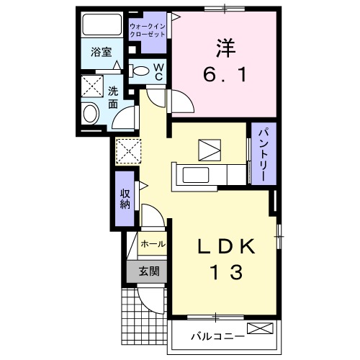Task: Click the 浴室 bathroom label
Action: coord(101,53)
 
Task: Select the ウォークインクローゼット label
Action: coord(147,30)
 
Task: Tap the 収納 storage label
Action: coord(125,199)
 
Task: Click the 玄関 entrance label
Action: coord(148,272)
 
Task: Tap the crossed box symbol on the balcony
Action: coord(261,330)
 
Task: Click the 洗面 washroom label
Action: coord(113,99)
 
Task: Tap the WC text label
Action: coord(159,72)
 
